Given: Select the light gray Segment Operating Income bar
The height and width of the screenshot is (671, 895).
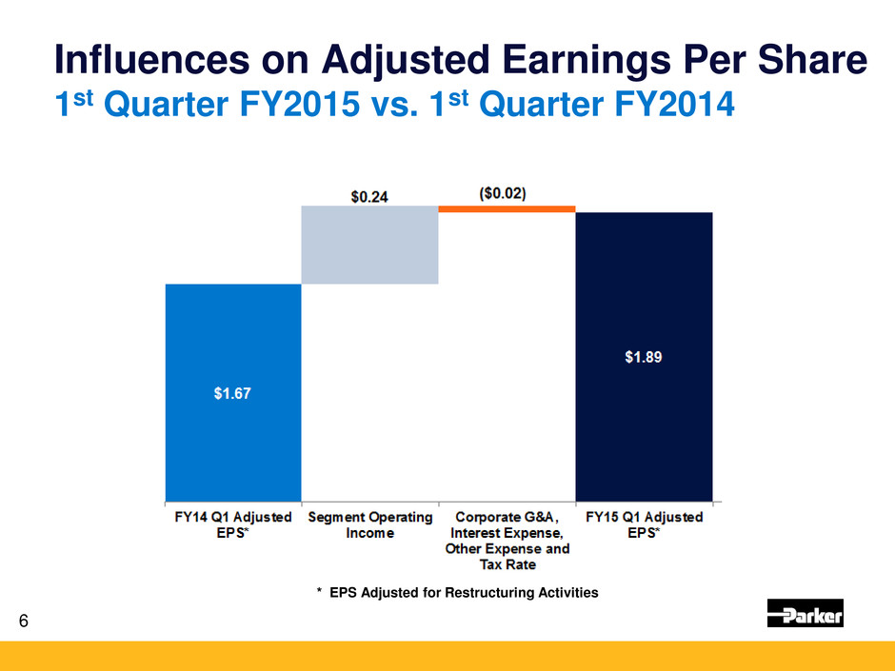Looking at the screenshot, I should (x=369, y=245).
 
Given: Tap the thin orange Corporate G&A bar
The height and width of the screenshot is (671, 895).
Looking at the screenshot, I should (x=507, y=208).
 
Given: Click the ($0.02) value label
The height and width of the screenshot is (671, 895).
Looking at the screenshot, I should (x=507, y=192).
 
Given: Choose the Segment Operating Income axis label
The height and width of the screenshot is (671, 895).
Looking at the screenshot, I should (x=369, y=524).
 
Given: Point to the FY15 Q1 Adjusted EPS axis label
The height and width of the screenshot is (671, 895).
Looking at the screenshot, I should (x=644, y=524).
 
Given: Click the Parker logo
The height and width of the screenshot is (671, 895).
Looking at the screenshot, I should (x=805, y=614).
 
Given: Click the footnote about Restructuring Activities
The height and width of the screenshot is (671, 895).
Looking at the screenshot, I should (x=457, y=592).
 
